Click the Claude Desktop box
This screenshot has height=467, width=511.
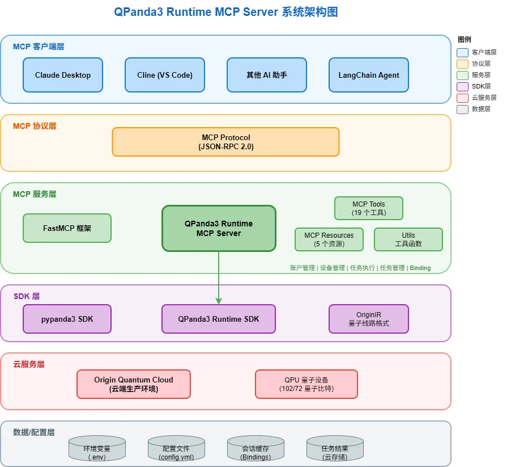(63, 75)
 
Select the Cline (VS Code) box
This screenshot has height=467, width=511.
(165, 75)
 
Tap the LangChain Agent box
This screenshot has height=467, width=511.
(369, 75)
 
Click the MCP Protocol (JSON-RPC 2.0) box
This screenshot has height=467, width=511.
(225, 142)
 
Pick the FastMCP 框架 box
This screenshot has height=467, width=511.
(67, 228)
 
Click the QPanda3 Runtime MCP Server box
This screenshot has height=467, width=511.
(219, 228)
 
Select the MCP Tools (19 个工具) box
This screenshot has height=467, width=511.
(368, 208)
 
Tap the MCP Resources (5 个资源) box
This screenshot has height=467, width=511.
(329, 239)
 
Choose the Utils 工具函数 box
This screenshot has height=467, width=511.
(408, 239)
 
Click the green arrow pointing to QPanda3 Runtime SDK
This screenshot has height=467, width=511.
(219, 278)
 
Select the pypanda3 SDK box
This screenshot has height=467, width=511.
(67, 319)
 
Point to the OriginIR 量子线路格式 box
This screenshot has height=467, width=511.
(368, 319)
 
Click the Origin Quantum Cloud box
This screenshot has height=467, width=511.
(134, 384)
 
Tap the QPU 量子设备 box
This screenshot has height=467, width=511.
(306, 384)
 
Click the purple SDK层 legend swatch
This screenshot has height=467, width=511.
(462, 86)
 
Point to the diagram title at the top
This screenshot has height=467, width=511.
(225, 12)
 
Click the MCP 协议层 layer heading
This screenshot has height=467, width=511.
(35, 126)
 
